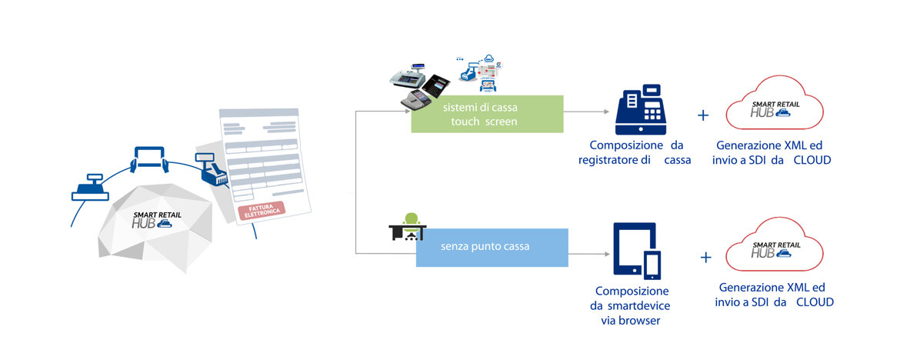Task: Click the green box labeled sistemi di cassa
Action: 487,114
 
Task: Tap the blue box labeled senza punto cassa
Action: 492,248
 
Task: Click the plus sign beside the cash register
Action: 702,116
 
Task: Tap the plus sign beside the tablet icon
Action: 705,257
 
